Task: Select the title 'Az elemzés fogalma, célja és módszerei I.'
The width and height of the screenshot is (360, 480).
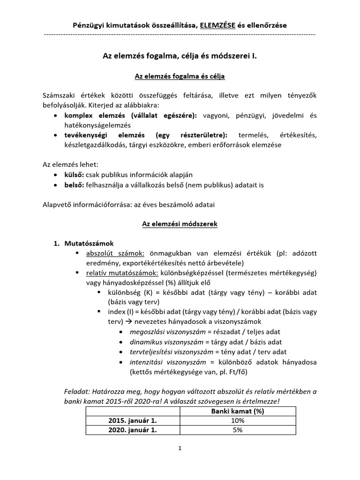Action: click(180, 55)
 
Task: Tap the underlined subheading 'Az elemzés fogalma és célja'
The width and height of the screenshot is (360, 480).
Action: click(180, 75)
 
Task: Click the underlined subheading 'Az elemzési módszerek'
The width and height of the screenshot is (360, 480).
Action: click(180, 225)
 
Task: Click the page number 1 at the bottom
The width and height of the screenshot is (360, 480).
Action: click(180, 449)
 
